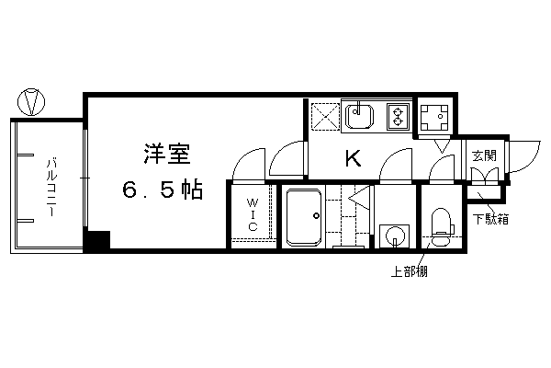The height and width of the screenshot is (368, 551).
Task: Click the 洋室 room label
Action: [167, 154]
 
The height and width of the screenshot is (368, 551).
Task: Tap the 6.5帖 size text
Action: [163, 190]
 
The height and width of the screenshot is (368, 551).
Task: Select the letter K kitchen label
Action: [354, 158]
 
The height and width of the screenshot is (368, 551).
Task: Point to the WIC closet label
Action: [252, 214]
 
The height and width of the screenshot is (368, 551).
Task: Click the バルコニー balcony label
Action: [51, 188]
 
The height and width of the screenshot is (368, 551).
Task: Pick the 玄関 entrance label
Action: [484, 155]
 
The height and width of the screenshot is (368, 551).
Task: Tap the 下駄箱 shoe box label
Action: [490, 219]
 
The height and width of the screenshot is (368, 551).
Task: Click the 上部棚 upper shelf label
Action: [409, 271]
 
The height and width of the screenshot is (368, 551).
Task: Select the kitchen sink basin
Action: [359, 115]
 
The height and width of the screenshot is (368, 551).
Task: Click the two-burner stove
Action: [399, 116]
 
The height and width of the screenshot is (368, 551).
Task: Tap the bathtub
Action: [304, 217]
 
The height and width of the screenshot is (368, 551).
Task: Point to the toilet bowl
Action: [441, 227]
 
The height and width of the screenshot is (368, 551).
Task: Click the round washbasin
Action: [394, 236]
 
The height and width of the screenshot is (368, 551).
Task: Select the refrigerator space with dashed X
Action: [325, 116]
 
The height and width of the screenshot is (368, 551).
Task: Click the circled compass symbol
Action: [31, 102]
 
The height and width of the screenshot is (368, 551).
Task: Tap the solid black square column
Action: [98, 240]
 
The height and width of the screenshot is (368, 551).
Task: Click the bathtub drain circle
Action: [316, 216]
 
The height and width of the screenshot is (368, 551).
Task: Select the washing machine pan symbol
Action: [434, 118]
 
